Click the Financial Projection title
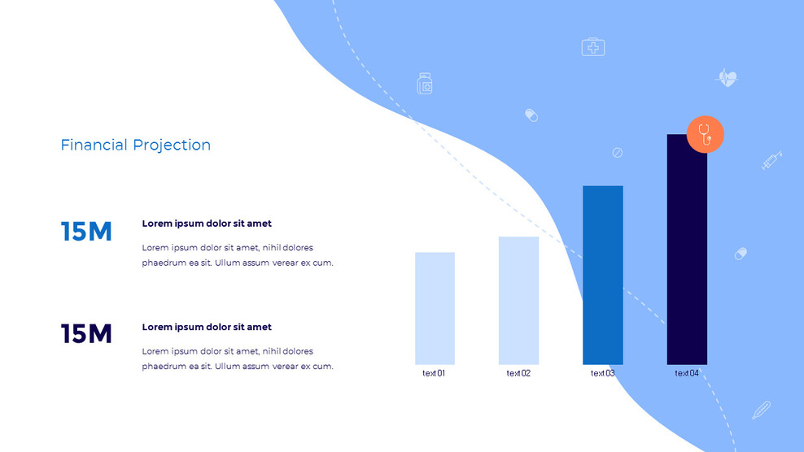pos(135,146)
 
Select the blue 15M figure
pos(86,232)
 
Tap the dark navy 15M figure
pos(86,334)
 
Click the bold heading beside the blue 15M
pos(207,224)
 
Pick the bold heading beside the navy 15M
pos(207,327)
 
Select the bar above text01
pos(435,308)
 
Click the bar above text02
pos(518,300)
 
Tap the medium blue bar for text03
pos(602,275)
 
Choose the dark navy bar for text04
pos(687,249)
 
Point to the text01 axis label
pos(434,374)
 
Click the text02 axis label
pos(518,374)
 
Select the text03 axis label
pos(602,374)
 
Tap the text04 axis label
pos(687,374)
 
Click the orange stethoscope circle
pos(705,135)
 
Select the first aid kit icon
pos(593,47)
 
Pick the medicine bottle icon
pos(424,84)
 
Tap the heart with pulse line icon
pos(727,79)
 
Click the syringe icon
pos(771,160)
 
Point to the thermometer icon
pos(761,410)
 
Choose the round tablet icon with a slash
pos(617,153)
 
